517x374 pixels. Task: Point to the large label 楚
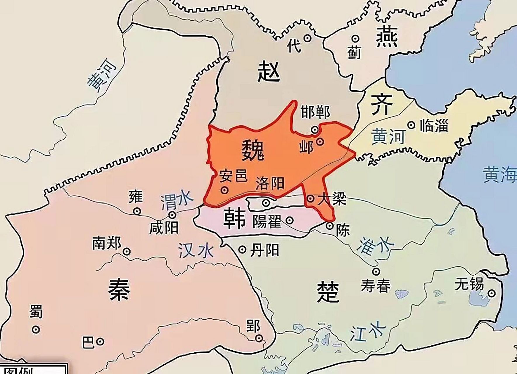[x=328, y=292]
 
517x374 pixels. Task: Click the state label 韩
[x=234, y=219]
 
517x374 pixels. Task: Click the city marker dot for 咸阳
[x=172, y=215]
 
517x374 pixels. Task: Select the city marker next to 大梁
[x=310, y=199]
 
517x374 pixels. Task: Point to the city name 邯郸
[x=316, y=112]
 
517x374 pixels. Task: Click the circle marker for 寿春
[x=376, y=271]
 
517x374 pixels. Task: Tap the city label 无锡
[x=469, y=284]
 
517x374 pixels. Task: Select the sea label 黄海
[x=499, y=175]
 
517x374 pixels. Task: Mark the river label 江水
[x=364, y=332]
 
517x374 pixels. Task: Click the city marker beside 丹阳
[x=242, y=249]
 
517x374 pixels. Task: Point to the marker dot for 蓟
[x=355, y=39]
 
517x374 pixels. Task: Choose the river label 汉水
[x=196, y=251]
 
